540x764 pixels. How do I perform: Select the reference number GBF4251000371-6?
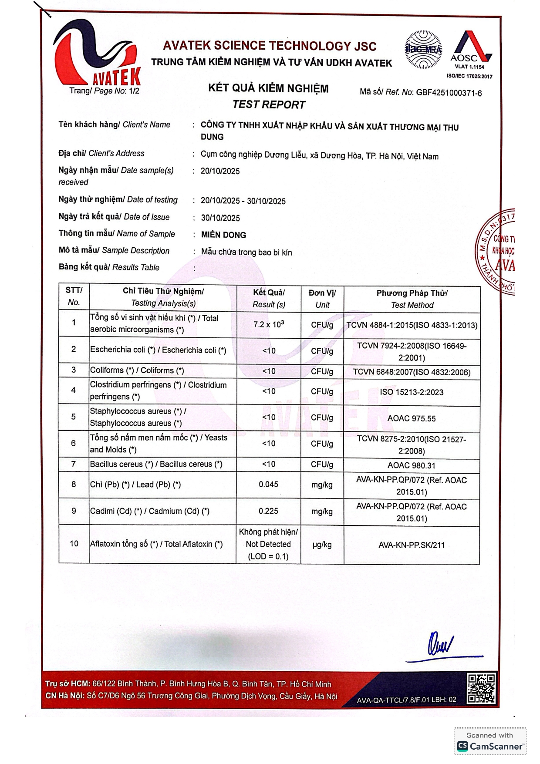(x=449, y=93)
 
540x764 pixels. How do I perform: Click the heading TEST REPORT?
(x=269, y=104)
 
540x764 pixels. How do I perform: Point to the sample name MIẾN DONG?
(x=223, y=235)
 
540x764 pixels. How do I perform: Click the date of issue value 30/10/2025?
(x=220, y=218)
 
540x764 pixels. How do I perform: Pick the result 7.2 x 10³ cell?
(x=269, y=324)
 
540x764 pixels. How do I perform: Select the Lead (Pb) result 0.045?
(x=268, y=485)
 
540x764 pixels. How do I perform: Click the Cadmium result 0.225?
(x=268, y=511)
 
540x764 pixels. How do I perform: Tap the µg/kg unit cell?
(x=322, y=545)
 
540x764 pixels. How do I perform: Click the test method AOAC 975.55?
(x=412, y=418)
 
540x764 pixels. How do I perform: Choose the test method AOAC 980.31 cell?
(x=412, y=465)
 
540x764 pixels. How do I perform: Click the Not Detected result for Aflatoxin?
(x=268, y=544)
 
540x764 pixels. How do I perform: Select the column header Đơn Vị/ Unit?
(x=322, y=299)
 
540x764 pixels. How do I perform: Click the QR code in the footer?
(x=481, y=688)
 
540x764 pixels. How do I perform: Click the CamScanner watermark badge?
(x=489, y=741)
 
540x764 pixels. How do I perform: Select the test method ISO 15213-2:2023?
(x=412, y=392)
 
